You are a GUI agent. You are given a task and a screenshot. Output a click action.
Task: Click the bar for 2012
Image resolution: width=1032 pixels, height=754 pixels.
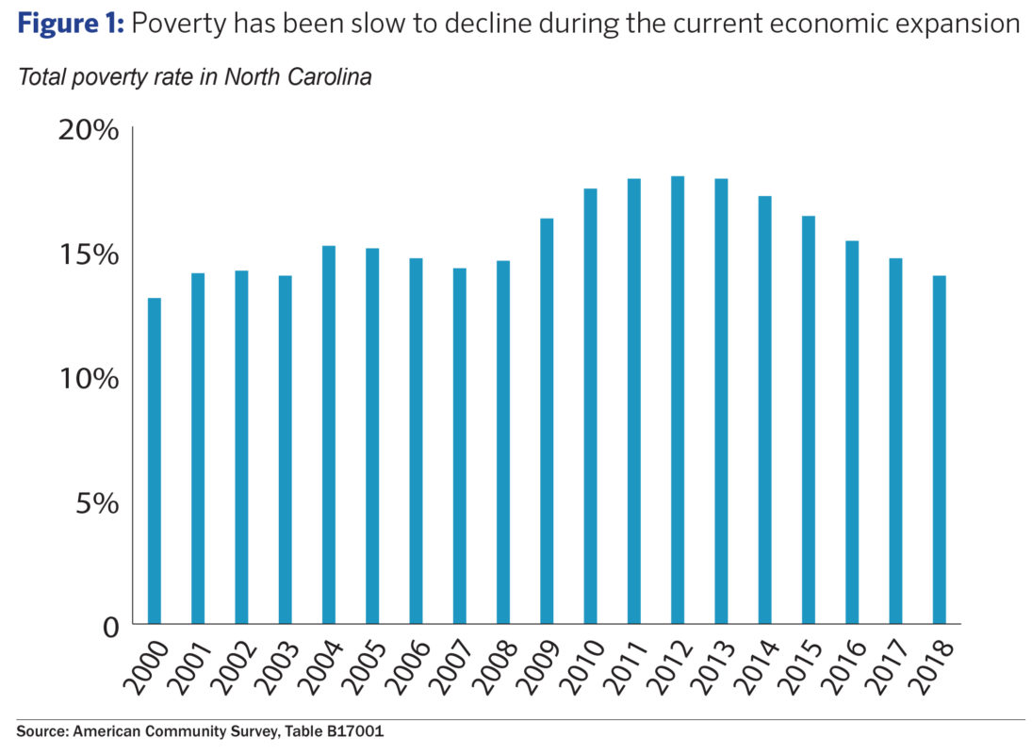coord(678,400)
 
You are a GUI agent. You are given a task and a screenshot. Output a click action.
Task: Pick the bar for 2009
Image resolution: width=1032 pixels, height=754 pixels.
coord(547,420)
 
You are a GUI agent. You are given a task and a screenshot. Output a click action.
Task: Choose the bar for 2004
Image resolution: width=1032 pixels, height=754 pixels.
coord(329,434)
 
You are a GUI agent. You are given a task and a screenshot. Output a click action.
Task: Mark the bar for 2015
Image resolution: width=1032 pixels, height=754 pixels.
coord(809,419)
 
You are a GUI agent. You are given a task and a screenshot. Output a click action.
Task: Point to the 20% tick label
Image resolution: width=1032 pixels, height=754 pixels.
coord(89,130)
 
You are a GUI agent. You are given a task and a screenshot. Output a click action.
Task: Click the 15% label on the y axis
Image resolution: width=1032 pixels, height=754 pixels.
coord(89,254)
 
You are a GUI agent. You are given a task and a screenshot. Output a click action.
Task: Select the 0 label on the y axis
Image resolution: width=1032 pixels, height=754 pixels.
coord(109,627)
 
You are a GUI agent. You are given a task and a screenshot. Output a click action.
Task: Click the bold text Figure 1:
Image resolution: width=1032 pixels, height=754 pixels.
coord(70,25)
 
